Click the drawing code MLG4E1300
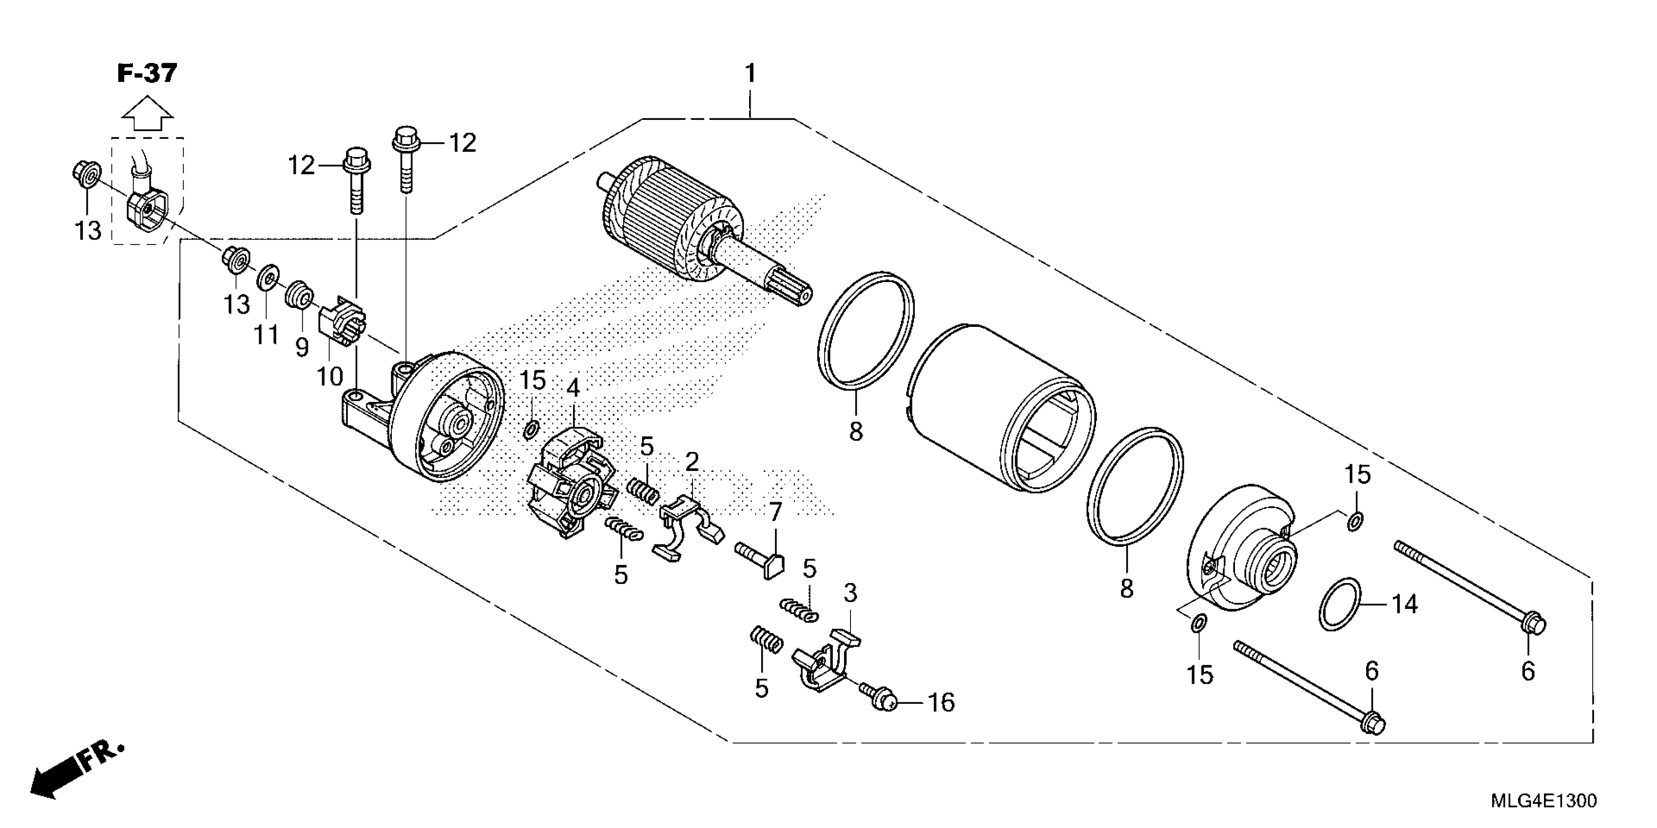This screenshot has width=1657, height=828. [x=1542, y=801]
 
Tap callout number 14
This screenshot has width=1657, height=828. [x=1405, y=604]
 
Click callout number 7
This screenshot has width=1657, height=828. [x=776, y=512]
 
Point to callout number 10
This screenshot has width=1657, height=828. [x=330, y=376]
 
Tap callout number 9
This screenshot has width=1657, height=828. [x=302, y=348]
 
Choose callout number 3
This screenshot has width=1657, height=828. [x=850, y=593]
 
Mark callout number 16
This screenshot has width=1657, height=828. [x=941, y=703]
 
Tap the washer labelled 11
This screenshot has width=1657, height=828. [x=268, y=279]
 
